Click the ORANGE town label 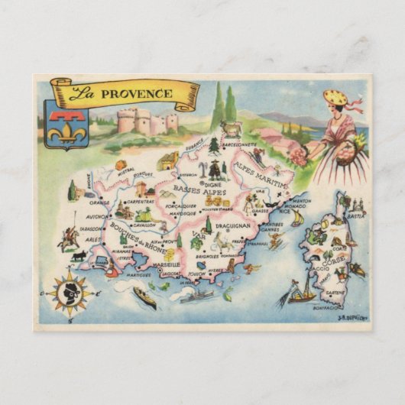(x=99, y=203)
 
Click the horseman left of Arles (x=70, y=240)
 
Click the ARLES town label (x=92, y=239)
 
